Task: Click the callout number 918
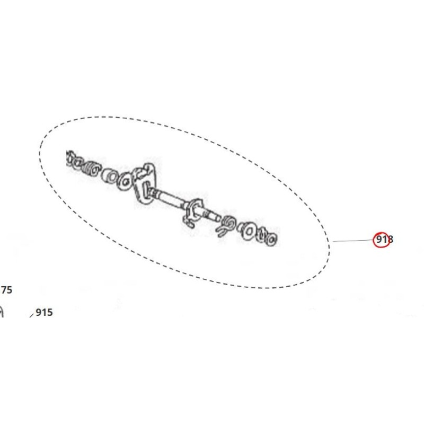tap(384, 240)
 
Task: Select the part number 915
tap(44, 313)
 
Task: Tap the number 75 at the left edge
tap(6, 290)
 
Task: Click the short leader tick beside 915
tap(32, 315)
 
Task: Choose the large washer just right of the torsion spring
tap(247, 229)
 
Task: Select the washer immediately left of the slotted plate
tap(126, 180)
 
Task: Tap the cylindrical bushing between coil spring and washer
tap(110, 175)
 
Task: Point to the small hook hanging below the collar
tap(189, 223)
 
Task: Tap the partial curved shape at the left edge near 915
tap(2, 312)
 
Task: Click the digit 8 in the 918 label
tap(391, 240)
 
